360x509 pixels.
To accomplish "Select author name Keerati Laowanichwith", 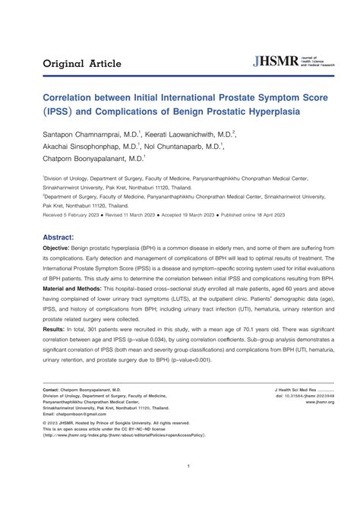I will click(189, 134).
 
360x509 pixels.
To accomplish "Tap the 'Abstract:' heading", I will click(63, 236).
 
